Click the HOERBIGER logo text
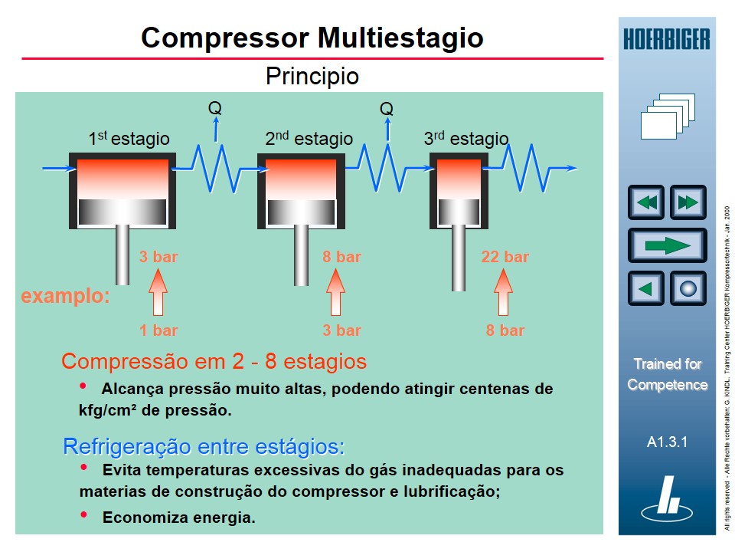pos(666,38)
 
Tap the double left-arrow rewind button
pos(646,202)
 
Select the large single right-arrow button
pos(667,245)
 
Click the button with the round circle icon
pos(688,289)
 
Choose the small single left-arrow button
pos(646,289)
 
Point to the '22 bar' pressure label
pos(505,257)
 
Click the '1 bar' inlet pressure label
pos(158,330)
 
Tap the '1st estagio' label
pos(129,139)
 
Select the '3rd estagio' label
pos(465,139)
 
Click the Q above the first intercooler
pos(215,108)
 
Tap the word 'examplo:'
pos(65,296)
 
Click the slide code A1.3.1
pos(667,442)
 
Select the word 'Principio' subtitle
pos(312,77)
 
